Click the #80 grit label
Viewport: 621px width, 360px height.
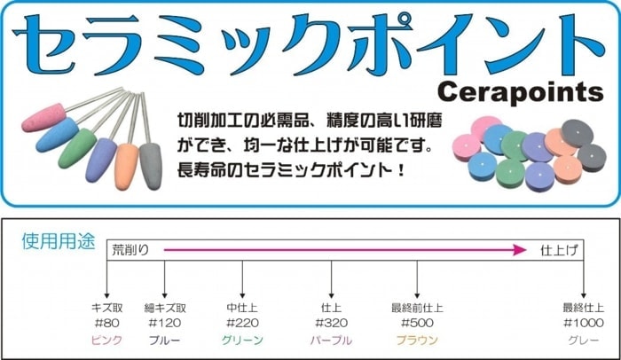(x=106, y=324)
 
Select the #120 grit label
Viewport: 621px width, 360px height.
(x=164, y=324)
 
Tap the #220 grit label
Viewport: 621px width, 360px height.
(x=242, y=324)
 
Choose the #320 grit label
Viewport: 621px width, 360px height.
(x=330, y=324)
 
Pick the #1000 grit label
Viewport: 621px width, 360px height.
(x=583, y=324)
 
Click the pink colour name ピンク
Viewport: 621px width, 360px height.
(x=106, y=340)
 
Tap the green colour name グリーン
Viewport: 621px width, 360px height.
(x=242, y=340)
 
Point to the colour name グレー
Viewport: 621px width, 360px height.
(x=583, y=340)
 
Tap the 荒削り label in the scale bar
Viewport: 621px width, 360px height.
(x=131, y=250)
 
